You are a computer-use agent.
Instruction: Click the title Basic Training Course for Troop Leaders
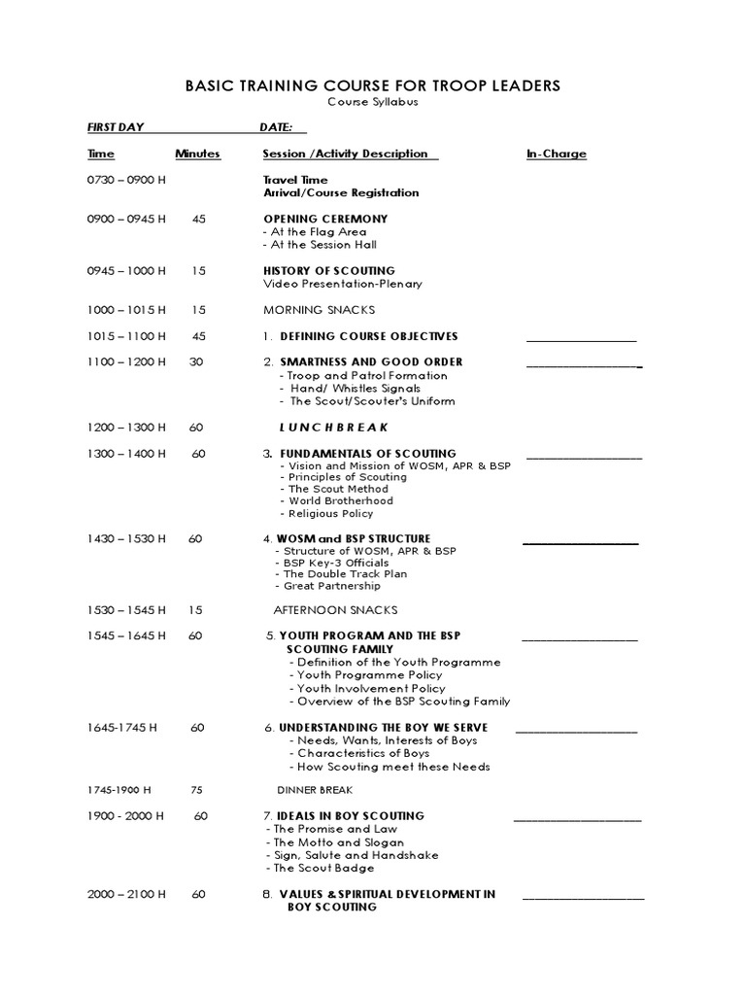373,86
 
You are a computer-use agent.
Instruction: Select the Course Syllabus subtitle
372,102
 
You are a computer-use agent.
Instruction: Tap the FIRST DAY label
115,128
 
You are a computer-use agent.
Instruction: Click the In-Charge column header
556,154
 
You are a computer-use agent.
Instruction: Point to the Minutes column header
197,154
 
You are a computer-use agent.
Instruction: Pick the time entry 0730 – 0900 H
126,180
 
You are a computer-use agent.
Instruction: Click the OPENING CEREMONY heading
324,219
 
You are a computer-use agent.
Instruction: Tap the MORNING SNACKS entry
319,310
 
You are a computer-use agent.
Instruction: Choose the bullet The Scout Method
333,489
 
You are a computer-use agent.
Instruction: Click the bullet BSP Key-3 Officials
331,563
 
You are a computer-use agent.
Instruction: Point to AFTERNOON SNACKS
335,610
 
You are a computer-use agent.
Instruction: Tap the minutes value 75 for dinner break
197,790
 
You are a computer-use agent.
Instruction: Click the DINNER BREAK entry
315,790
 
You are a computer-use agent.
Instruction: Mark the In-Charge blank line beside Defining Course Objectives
581,338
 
